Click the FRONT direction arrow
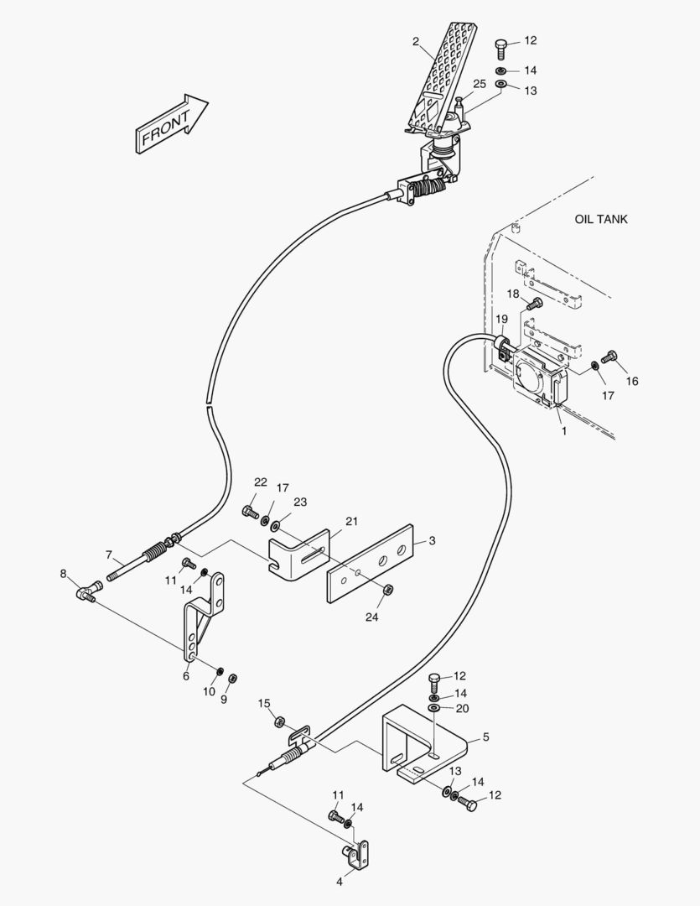point(170,125)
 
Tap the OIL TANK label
point(600,220)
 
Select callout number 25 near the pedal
point(480,84)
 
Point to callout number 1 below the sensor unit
point(564,431)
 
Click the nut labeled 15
point(281,722)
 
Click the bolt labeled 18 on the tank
point(537,302)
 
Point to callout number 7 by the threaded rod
point(109,555)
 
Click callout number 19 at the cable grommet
point(501,319)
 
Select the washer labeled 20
point(434,710)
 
